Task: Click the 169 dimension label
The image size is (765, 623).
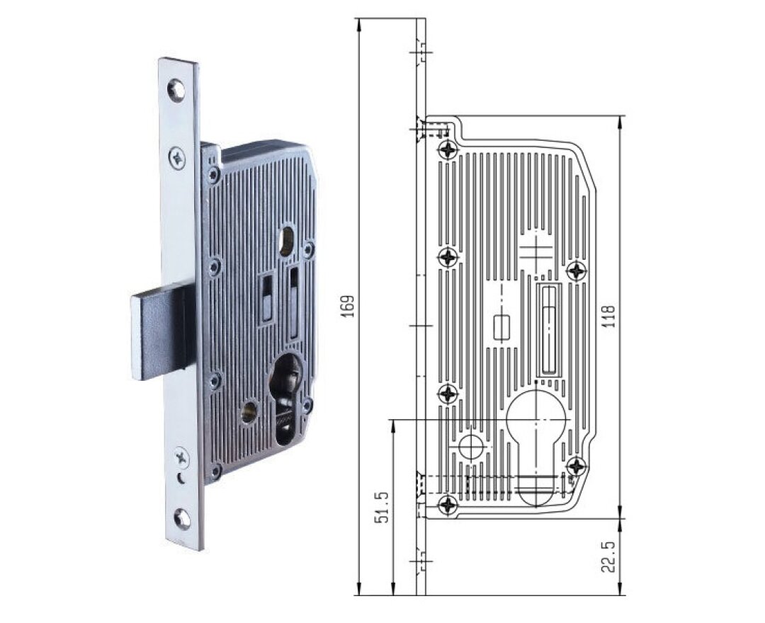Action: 347,306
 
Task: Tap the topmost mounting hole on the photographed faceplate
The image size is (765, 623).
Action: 176,89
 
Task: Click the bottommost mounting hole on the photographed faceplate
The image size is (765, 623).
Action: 182,519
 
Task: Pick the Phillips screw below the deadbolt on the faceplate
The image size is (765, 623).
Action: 183,457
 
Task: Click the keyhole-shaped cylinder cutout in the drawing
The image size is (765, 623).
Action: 538,439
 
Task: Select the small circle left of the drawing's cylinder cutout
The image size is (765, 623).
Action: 470,446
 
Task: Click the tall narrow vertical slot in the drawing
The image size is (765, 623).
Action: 549,329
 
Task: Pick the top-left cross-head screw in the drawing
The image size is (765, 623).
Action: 448,149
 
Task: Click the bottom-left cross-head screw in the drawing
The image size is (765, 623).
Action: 448,505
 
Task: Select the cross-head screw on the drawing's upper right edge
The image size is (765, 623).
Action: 577,270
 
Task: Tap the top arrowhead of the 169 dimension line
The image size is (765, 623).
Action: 360,23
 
